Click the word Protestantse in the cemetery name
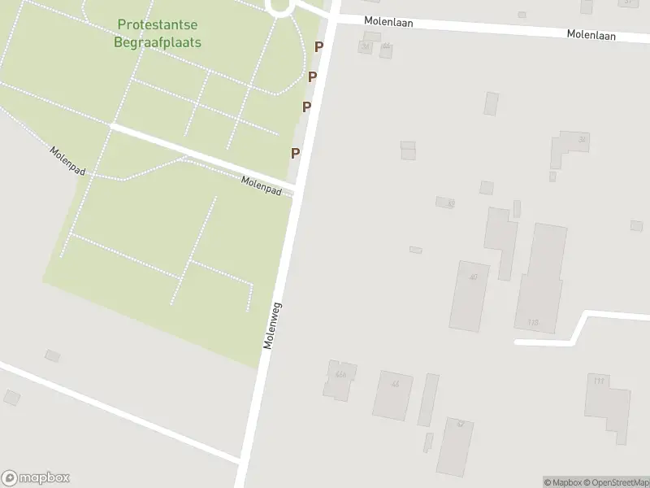pos(158,26)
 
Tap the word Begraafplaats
pos(158,42)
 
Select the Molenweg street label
pos(272,326)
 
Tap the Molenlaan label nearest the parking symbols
pos(388,23)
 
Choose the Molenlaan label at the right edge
pos(591,35)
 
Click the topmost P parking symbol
pos(319,47)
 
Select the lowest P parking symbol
pos(296,153)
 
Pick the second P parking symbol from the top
pos(312,77)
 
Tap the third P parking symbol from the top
pos(306,107)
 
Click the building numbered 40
pos(470,294)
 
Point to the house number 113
pos(533,323)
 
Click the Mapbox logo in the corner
pos(36,477)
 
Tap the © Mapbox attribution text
pos(564,482)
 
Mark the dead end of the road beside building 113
pos(517,342)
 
